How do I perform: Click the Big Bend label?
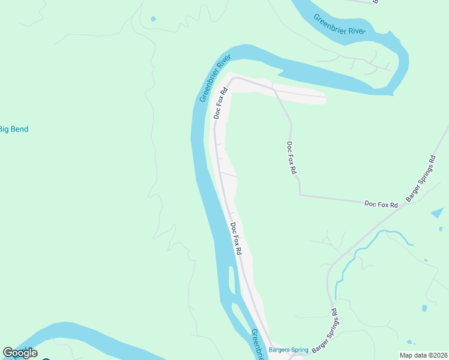coord(13,129)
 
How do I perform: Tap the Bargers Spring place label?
coord(288,350)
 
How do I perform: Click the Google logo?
coord(20,353)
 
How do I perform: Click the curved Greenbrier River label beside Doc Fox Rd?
coord(215,79)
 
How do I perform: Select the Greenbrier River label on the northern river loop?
coord(339,25)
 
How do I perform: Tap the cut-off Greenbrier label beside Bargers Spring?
coord(258,344)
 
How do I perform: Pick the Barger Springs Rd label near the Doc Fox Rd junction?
coord(420,179)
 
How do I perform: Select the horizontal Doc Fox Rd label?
coord(381,205)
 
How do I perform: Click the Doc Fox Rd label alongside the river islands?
coord(236,239)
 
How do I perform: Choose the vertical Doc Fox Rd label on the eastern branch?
coord(292,157)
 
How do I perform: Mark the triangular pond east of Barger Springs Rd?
coord(438,213)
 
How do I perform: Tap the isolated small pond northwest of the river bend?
coord(154,19)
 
